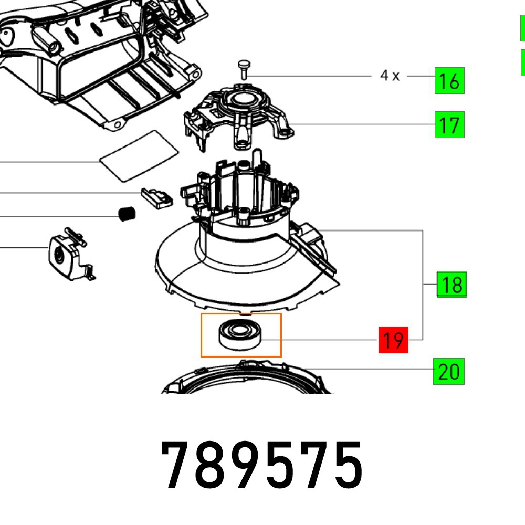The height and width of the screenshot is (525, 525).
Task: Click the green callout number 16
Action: point(449,81)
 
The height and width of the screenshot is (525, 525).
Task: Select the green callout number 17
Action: point(449,125)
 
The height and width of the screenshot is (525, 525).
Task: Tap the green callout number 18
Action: point(452,285)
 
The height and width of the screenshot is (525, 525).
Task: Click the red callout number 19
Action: point(393,340)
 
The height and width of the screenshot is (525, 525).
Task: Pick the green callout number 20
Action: point(448,372)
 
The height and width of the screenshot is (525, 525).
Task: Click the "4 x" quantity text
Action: point(390,76)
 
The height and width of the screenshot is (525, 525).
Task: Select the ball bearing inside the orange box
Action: point(240,334)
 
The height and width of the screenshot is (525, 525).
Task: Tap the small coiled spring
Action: point(125,214)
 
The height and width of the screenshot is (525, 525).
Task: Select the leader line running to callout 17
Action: point(362,124)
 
